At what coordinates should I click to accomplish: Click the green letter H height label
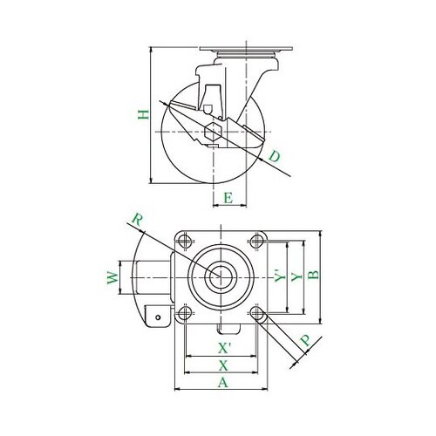coord(143,115)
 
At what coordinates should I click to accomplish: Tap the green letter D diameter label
coord(275,156)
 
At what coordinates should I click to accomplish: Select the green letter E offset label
coord(228,198)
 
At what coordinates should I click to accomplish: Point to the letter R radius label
coord(137,220)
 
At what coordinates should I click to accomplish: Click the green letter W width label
coord(112,277)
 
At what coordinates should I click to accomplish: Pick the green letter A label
coord(223,382)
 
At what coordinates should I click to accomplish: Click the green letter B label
coord(314,275)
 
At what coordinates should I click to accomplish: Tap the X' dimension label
coord(224,348)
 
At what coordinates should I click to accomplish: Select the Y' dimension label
coord(281,276)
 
